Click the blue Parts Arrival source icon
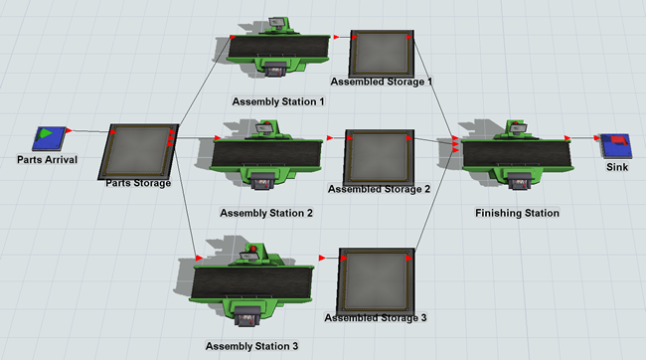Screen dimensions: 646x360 50,138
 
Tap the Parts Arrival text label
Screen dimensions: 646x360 47,159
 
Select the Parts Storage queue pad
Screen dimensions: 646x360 138,151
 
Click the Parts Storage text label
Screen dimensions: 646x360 138,183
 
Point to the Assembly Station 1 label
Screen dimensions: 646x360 278,101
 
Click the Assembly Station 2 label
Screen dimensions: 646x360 266,213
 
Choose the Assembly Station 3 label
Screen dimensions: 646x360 251,346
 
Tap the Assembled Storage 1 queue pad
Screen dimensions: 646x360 382,53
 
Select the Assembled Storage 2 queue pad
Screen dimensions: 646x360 379,157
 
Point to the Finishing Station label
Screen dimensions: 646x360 517,213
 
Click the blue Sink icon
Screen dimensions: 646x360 615,145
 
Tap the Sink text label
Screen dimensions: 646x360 617,167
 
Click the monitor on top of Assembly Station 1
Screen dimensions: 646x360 276,23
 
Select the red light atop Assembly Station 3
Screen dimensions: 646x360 253,249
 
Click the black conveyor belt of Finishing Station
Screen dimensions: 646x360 517,154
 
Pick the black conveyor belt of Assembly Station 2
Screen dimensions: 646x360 267,154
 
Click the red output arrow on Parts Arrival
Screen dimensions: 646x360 69,130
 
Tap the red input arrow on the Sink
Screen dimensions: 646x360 597,137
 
